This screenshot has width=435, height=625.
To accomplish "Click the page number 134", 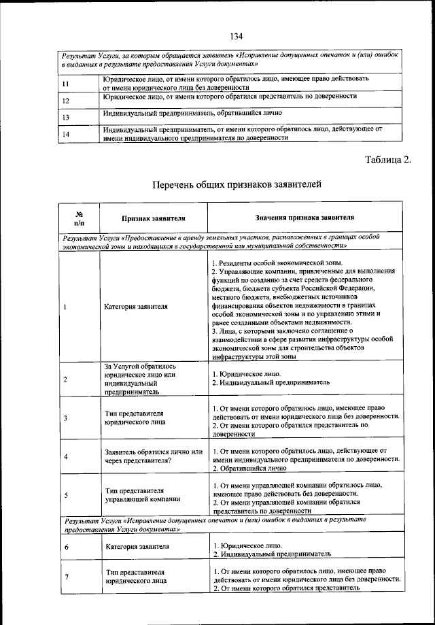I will pyautogui.click(x=237, y=36).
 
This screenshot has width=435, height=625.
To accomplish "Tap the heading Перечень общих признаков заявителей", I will pyautogui.click(x=237, y=184).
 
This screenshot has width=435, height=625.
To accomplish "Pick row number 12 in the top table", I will pyautogui.click(x=66, y=100).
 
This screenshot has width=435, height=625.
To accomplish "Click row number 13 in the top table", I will pyautogui.click(x=66, y=117).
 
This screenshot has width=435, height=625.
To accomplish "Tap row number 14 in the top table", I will pyautogui.click(x=66, y=134).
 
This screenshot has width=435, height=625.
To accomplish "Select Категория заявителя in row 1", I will pyautogui.click(x=137, y=307).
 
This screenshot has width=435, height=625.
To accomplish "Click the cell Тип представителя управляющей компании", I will pyautogui.click(x=137, y=494).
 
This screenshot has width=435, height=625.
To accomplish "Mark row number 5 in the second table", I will pyautogui.click(x=65, y=495).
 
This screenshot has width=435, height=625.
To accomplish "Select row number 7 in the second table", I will pyautogui.click(x=65, y=577).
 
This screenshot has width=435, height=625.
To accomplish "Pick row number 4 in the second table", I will pyautogui.click(x=65, y=457).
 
